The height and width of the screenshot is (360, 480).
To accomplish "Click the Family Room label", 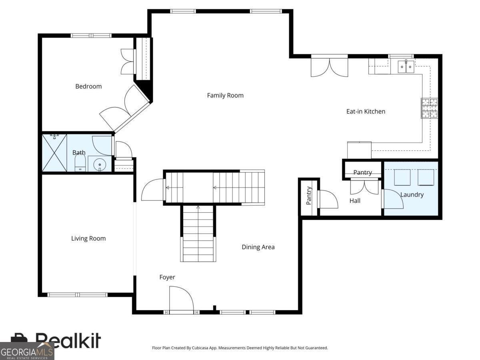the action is coord(225,95).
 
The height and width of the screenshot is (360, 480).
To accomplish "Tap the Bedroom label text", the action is coord(88,86).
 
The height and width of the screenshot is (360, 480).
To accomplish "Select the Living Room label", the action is coord(88,238).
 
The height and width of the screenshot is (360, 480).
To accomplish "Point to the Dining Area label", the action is coord(258,247).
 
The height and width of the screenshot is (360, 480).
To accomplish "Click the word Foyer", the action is coord(167,277).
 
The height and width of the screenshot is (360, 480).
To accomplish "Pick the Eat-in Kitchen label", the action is coord(366,112).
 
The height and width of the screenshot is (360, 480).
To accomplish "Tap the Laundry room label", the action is coord(412,195).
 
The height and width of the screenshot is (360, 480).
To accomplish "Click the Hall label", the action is coord(355,201).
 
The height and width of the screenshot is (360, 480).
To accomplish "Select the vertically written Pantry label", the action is coord(308,195).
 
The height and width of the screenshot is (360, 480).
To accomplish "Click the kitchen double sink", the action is coord(406,67).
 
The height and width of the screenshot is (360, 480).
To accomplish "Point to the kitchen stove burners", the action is coord(430,108).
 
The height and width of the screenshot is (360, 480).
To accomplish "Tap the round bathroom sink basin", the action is coord(100,164).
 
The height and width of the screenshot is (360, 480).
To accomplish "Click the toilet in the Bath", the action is coord(80,163).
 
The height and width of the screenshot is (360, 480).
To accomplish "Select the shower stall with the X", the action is coord(54,153).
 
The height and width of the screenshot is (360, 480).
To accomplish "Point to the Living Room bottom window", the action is coord(78,295).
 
